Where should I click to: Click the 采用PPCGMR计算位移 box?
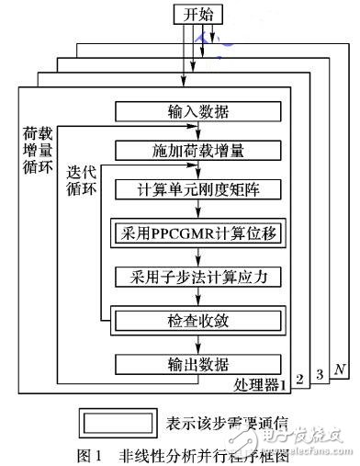(x=193, y=233)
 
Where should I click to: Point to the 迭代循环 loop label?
(x=81, y=180)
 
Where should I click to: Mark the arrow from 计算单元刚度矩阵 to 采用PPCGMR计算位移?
(x=193, y=210)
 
